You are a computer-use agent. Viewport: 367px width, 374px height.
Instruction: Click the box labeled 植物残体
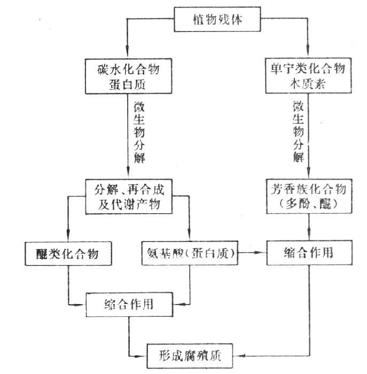pyautogui.click(x=218, y=21)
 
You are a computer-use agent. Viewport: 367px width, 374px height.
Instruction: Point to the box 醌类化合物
pyautogui.click(x=69, y=253)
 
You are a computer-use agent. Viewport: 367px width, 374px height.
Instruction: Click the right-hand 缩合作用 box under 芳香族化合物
pyautogui.click(x=309, y=252)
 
